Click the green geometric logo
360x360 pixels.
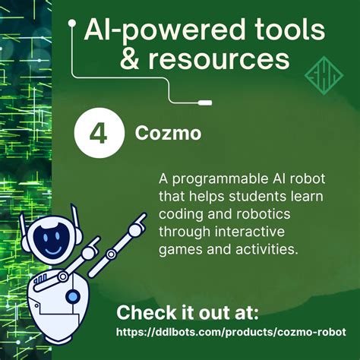point(320,76)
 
